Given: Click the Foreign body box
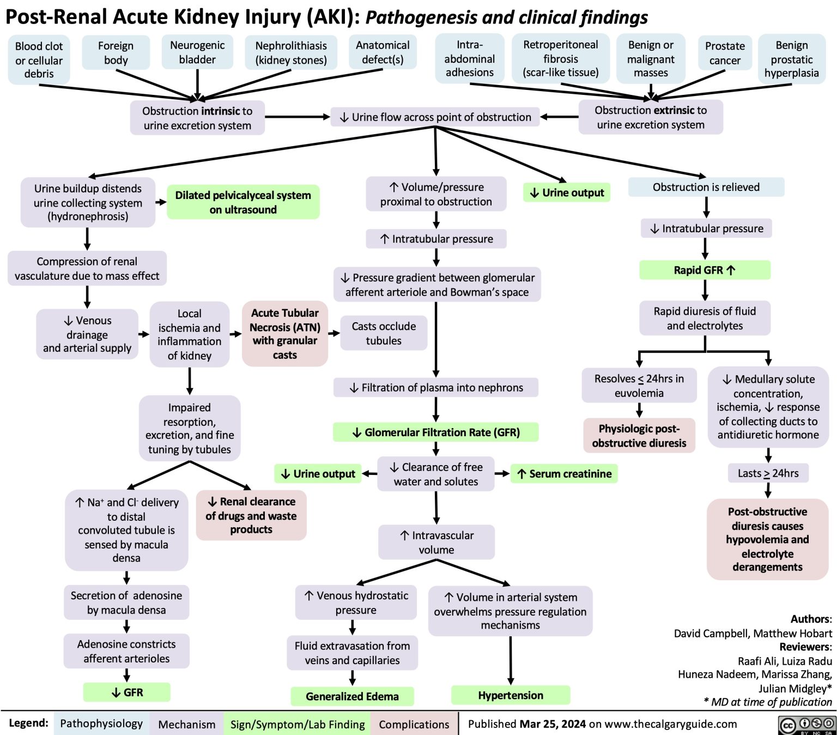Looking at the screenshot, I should pyautogui.click(x=116, y=53).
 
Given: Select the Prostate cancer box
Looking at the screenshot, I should pyautogui.click(x=725, y=53).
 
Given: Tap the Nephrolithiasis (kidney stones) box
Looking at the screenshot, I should pyautogui.click(x=291, y=53).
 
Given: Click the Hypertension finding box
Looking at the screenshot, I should pyautogui.click(x=511, y=695).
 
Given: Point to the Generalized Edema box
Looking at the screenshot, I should pyautogui.click(x=352, y=696).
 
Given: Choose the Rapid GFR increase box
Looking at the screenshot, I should pyautogui.click(x=705, y=270).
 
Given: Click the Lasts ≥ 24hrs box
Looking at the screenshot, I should pyautogui.click(x=768, y=473).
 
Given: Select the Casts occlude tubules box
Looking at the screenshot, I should pyautogui.click(x=384, y=333).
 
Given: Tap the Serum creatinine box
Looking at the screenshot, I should pyautogui.click(x=565, y=474).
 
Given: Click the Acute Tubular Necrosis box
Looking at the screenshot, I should pyautogui.click(x=285, y=333).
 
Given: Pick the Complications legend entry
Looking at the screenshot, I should pyautogui.click(x=414, y=724).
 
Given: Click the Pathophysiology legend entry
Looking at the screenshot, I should pyautogui.click(x=101, y=724).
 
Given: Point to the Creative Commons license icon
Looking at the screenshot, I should pyautogui.click(x=807, y=724).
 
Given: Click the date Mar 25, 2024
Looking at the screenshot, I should pyautogui.click(x=553, y=724).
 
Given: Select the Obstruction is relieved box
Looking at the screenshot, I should pyautogui.click(x=706, y=187).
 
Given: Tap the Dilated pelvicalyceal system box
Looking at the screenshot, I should pyautogui.click(x=243, y=202).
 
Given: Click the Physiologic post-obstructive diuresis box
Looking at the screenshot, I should pyautogui.click(x=639, y=436).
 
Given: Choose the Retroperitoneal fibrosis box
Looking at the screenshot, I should pyautogui.click(x=560, y=58).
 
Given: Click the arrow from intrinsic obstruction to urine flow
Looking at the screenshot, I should pyautogui.click(x=298, y=117).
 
